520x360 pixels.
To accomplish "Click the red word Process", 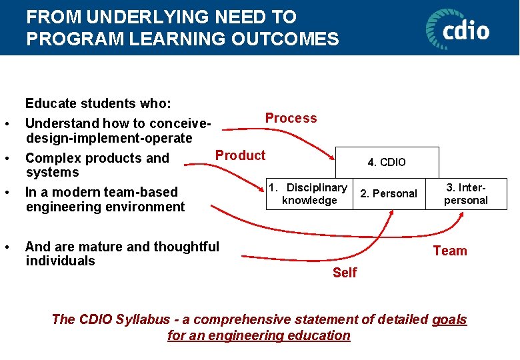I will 291,118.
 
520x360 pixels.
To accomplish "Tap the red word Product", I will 240,155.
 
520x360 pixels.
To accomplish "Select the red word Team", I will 450,251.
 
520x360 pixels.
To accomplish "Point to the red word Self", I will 345,272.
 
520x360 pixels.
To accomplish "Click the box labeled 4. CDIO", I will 387,162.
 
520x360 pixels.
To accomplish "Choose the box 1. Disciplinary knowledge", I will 309,194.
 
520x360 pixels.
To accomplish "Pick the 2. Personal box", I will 389,194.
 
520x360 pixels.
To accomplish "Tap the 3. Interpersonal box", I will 466,194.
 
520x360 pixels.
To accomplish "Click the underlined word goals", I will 449,319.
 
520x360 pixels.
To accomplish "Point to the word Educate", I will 50,103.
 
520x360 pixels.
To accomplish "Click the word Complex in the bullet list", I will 51,158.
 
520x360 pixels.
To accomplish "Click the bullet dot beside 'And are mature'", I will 6,247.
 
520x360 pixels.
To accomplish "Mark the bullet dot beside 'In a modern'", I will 6,193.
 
